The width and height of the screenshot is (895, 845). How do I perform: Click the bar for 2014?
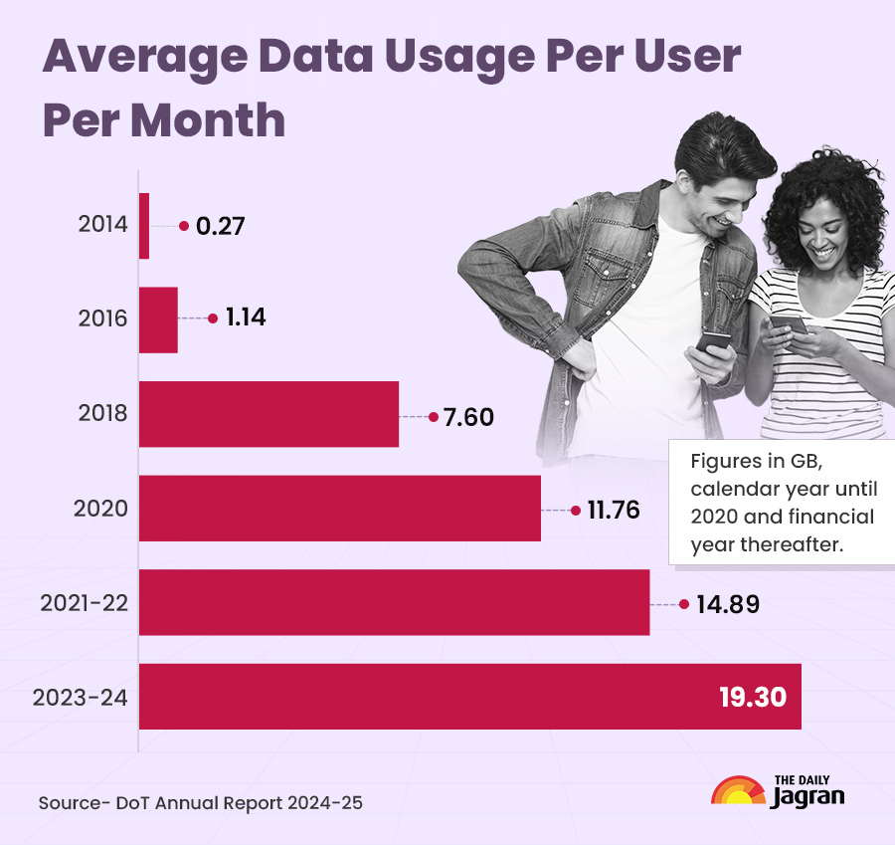144,226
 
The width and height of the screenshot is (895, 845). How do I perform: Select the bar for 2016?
158,319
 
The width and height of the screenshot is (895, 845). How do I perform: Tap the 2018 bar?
268,414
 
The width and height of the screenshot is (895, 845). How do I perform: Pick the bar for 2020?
339,508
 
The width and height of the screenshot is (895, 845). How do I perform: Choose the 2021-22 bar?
394,602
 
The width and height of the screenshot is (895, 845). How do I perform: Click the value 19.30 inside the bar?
753,697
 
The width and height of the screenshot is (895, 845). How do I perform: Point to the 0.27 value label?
220,226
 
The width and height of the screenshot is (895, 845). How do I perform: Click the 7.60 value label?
468,417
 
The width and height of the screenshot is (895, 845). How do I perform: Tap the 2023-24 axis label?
81,697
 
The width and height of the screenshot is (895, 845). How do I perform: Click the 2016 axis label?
102,319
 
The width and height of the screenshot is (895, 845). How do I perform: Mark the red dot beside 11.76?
576,511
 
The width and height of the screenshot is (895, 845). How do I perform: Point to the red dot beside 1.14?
213,319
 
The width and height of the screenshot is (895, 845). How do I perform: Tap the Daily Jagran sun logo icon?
738,793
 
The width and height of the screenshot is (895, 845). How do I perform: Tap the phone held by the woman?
790,325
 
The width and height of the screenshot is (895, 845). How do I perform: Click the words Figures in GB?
757,466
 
